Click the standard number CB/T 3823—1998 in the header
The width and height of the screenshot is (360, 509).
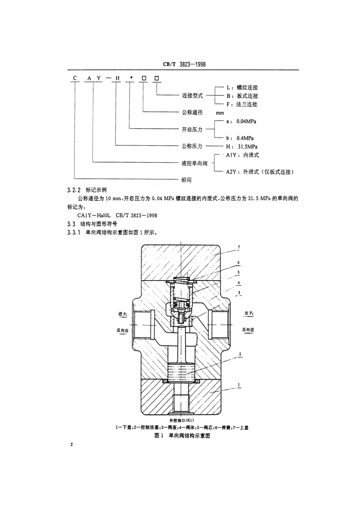184,65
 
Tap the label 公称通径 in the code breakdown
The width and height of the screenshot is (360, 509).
192,112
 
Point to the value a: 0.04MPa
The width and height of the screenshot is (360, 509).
241,121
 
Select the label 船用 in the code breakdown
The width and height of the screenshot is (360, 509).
186,180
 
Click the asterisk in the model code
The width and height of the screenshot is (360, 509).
130,78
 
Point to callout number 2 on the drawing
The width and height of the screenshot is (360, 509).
240,354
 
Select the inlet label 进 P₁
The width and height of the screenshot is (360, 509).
123,314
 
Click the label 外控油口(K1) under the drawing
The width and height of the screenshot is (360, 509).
182,420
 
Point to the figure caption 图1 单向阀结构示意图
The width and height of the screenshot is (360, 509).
182,435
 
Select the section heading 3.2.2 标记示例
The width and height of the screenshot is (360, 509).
87,190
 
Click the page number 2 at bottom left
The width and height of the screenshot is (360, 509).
71,445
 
